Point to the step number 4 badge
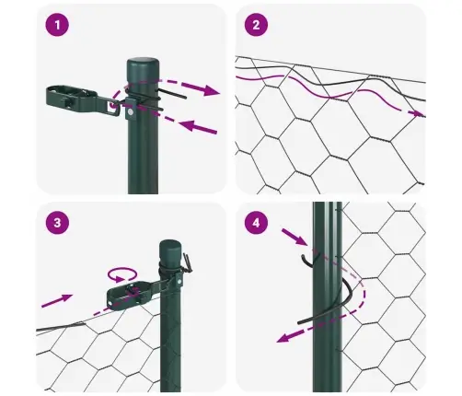[x=254, y=223]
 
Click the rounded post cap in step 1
[x=143, y=66]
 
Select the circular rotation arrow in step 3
[x=121, y=273]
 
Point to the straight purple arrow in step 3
[x=57, y=298]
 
